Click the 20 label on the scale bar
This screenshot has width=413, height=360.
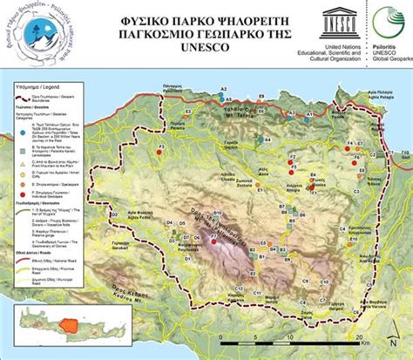(358, 335)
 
